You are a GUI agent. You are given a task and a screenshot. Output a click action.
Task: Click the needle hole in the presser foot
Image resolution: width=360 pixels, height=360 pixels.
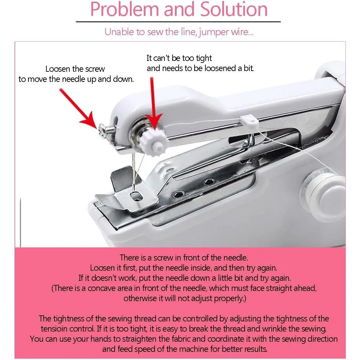(136, 196)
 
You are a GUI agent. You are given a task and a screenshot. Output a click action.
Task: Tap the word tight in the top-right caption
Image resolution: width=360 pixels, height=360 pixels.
(204, 59)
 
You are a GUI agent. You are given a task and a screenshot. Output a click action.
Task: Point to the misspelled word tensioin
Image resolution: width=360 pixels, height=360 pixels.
(55, 329)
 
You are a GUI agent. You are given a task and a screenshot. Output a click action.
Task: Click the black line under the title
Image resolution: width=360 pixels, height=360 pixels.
(178, 22)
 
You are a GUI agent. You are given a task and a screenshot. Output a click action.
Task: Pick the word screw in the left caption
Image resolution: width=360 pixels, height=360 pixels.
(95, 69)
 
